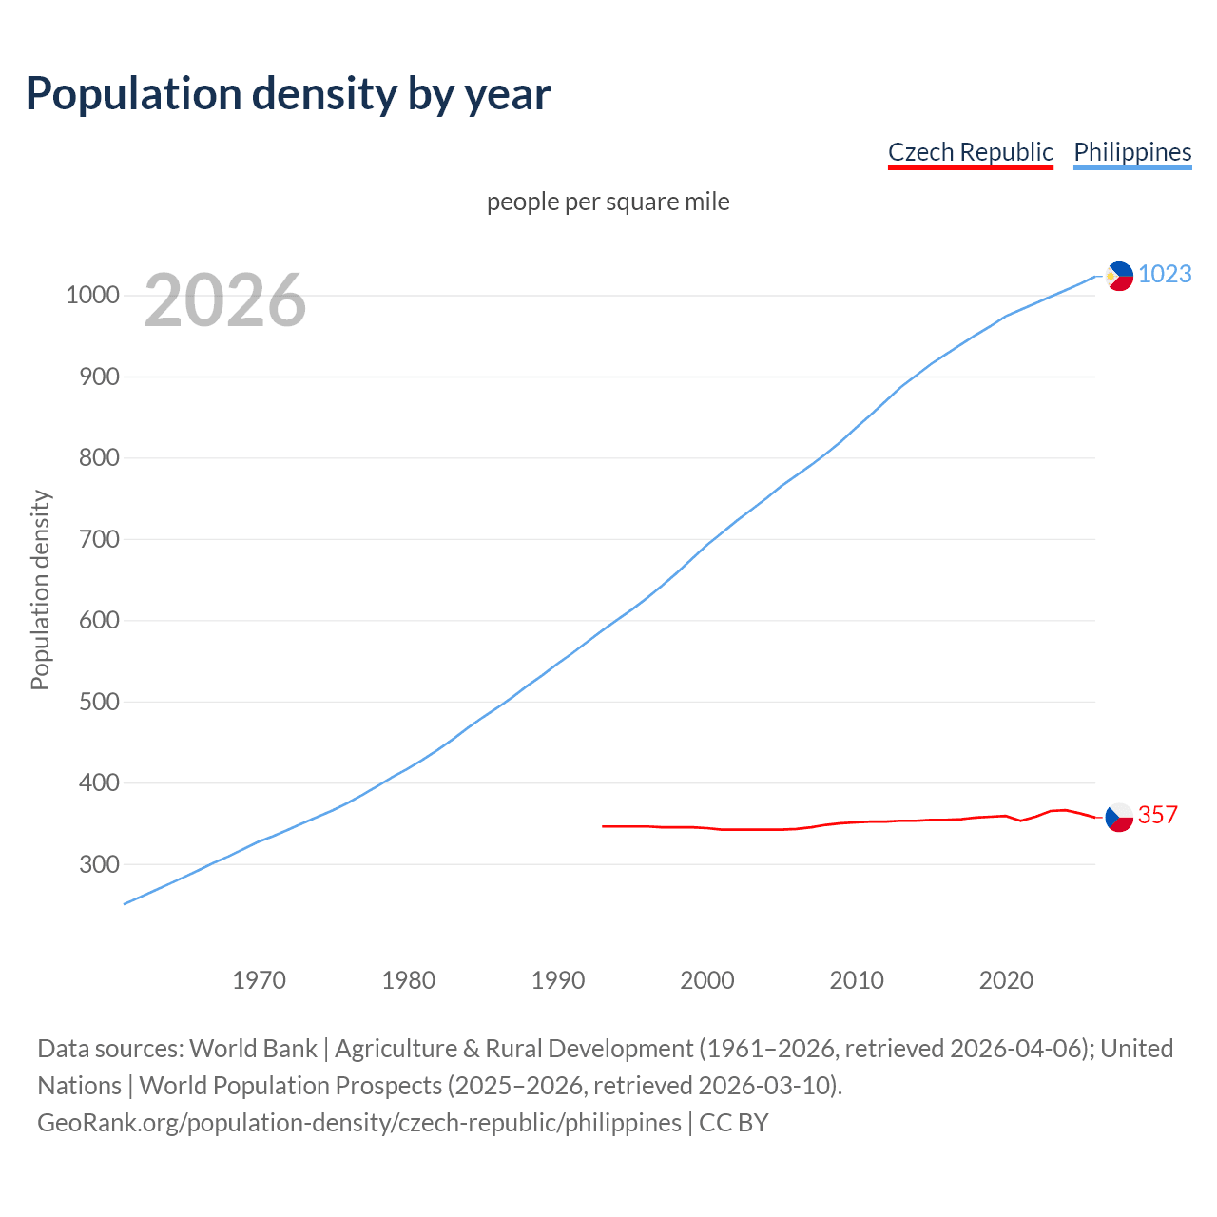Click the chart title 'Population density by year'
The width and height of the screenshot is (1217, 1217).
(288, 94)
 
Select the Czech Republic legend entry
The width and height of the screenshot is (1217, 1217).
(970, 152)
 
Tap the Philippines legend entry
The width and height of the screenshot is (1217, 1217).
(1132, 152)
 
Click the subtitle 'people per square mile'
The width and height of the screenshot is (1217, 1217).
(608, 203)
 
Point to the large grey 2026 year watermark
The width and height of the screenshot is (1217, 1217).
(225, 300)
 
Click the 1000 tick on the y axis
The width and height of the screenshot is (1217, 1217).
(92, 296)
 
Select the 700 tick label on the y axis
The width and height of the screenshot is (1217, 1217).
(99, 540)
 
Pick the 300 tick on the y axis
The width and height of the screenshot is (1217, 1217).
(99, 865)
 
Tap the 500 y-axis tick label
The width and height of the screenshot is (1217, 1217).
(99, 703)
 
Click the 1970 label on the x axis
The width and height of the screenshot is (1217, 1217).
(259, 980)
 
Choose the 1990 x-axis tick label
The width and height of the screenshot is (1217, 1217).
(558, 980)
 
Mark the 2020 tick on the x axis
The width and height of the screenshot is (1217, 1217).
(1006, 980)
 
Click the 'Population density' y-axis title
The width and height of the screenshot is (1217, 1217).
(40, 589)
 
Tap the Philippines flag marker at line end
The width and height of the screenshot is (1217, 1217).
(1119, 276)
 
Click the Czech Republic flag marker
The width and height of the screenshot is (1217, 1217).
(1119, 817)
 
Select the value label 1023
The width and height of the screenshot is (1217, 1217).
(1165, 275)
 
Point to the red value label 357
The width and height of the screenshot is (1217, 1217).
(1157, 816)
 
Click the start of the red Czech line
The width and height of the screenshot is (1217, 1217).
(604, 826)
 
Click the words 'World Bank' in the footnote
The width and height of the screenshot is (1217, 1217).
(253, 1049)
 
